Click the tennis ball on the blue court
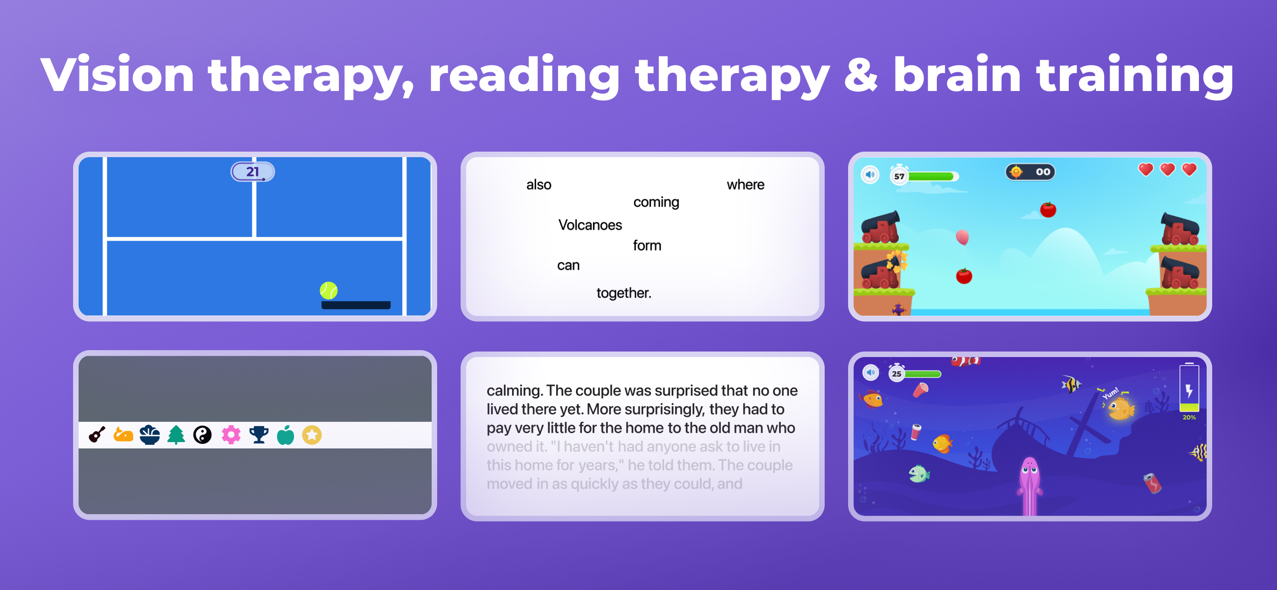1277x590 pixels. (x=329, y=290)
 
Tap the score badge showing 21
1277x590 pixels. (x=253, y=171)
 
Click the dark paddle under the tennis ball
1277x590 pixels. (x=356, y=305)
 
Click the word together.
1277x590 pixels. (x=624, y=293)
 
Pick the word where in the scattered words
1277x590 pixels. (x=746, y=185)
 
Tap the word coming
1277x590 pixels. (x=656, y=202)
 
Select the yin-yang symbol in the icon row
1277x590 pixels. (x=202, y=435)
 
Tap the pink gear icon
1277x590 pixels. (x=231, y=435)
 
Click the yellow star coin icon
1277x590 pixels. (x=312, y=435)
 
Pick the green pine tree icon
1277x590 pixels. (x=176, y=435)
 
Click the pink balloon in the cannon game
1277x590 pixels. (x=962, y=237)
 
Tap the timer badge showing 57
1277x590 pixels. (x=899, y=176)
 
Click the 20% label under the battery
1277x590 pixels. (x=1189, y=418)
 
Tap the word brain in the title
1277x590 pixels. (x=957, y=75)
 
